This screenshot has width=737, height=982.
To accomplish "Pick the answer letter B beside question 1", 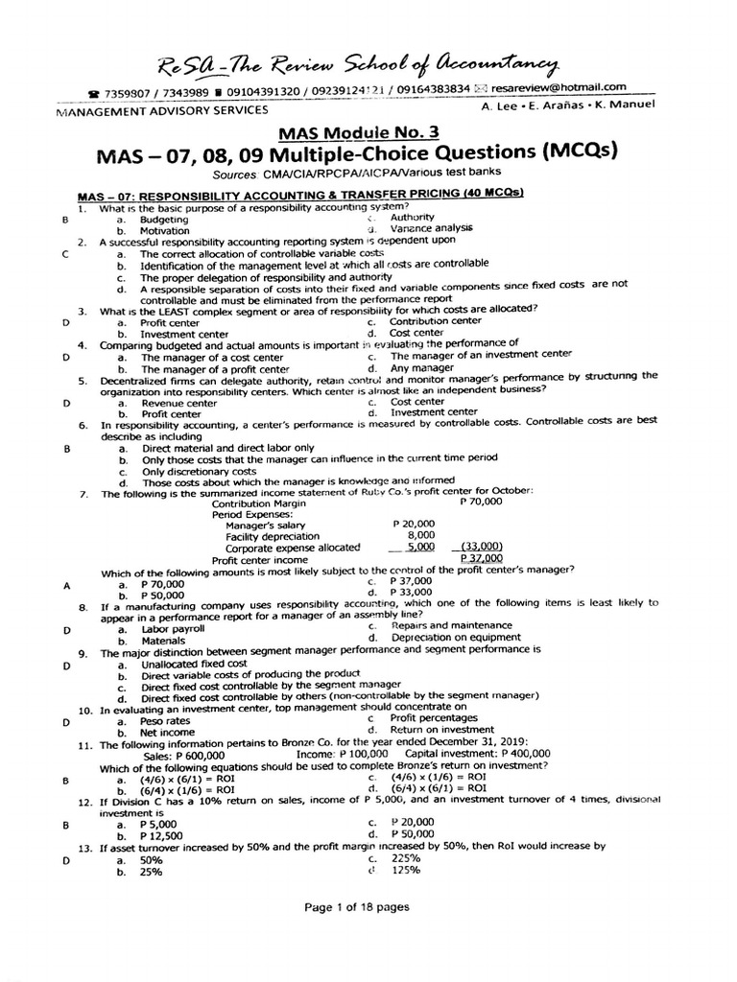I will pyautogui.click(x=65, y=219).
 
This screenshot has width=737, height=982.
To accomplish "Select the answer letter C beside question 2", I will pyautogui.click(x=65, y=254).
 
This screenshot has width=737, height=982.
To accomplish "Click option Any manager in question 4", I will pyautogui.click(x=423, y=367).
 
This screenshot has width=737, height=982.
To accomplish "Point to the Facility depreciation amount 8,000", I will pyautogui.click(x=421, y=535).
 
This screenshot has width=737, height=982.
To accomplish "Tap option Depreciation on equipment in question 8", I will pyautogui.click(x=456, y=638).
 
